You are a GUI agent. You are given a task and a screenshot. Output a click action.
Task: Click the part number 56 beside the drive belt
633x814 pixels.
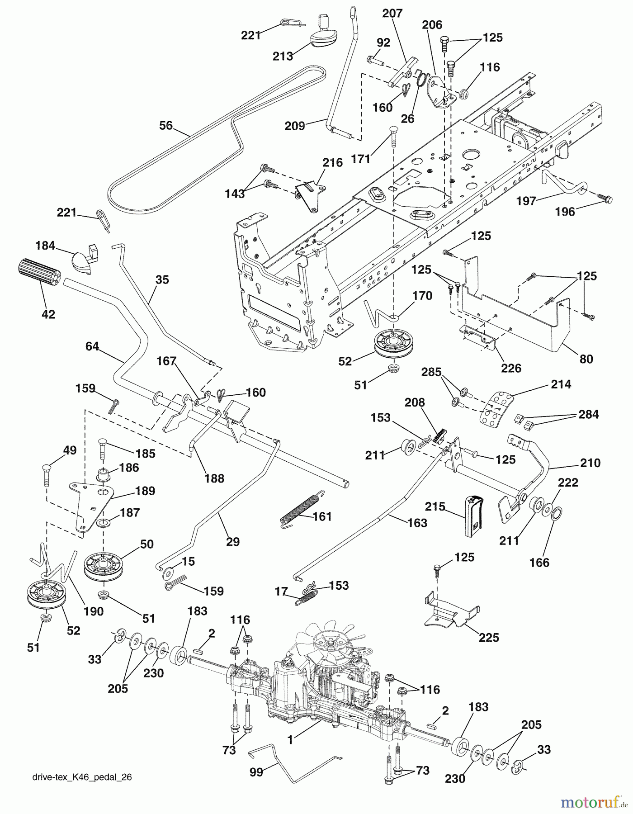166,125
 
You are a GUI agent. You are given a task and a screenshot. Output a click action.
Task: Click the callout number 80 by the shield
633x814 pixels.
586,359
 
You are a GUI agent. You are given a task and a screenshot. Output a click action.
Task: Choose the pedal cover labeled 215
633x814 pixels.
473,515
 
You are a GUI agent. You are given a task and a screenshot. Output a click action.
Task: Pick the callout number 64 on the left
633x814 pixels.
92,346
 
